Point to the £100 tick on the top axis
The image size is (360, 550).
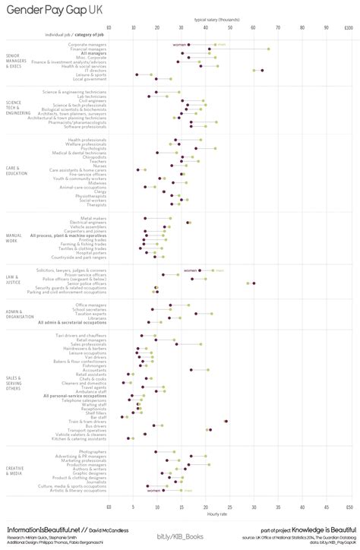click(347, 27)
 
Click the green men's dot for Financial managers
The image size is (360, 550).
click(268, 49)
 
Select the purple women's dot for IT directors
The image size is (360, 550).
click(262, 70)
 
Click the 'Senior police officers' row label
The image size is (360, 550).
click(87, 283)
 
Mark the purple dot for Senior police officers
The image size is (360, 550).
click(254, 283)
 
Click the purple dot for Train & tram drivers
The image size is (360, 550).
click(226, 421)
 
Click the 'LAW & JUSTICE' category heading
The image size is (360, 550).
click(13, 279)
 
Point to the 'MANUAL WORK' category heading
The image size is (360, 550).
click(13, 237)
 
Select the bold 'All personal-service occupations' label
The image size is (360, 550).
click(75, 396)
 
